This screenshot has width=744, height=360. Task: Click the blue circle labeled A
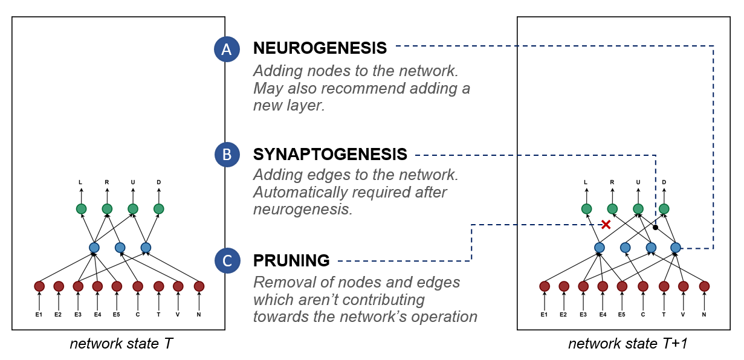pos(227,50)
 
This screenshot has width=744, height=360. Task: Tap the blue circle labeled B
pos(227,155)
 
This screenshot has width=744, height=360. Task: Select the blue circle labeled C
pos(227,261)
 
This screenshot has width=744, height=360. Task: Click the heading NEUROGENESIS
pos(320,48)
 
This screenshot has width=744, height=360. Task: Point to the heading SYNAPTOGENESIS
pos(330,154)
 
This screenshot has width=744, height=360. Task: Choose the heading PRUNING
pos(291,261)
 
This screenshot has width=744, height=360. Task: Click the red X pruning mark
pos(606,225)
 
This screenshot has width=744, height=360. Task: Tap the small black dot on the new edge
pos(655,228)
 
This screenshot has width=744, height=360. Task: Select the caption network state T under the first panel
pos(121,344)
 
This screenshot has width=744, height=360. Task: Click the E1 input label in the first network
pos(39,314)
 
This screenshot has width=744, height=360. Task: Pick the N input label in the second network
pos(704,314)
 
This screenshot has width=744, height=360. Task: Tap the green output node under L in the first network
pos(82,209)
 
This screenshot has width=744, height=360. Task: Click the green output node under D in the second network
pos(664,209)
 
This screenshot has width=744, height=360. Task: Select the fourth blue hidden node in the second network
pos(676,247)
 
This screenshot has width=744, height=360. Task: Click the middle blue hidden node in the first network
pos(120,247)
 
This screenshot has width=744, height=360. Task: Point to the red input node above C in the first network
pos(138,286)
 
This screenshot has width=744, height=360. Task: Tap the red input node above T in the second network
pos(664,286)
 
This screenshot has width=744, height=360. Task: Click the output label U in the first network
pos(133,182)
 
